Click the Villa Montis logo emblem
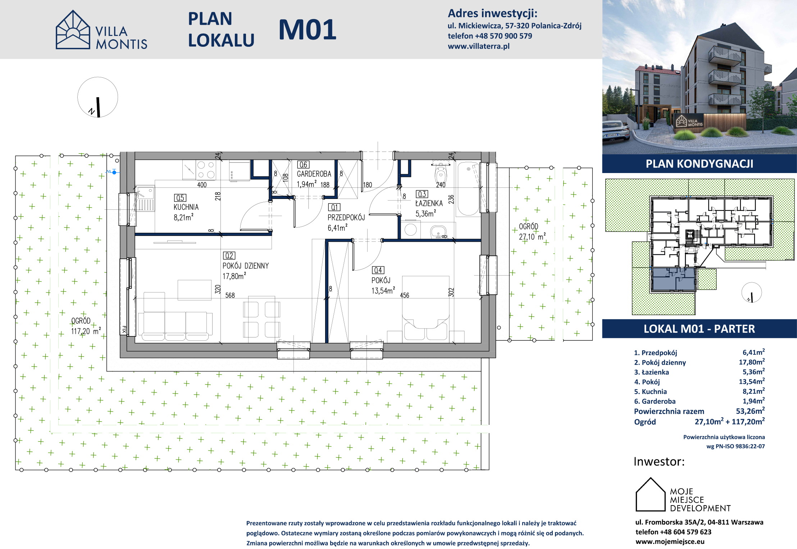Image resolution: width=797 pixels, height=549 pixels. tap(73, 30)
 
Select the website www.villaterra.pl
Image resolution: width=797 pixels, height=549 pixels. tap(479, 46)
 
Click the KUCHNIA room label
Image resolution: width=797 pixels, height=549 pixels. tap(186, 207)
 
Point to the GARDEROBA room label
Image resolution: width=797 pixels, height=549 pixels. tap(314, 174)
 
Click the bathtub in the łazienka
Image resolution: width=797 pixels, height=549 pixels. tap(468, 189)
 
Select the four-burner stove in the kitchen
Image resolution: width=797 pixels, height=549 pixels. tap(206, 170)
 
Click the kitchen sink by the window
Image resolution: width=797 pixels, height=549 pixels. tap(145, 199)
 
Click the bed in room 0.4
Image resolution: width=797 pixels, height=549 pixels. tap(426, 308)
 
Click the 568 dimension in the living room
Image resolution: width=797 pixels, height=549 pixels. tap(230, 295)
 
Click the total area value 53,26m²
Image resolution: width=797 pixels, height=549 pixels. tap(750, 411)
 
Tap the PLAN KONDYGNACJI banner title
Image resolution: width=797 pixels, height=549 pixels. tap(700, 164)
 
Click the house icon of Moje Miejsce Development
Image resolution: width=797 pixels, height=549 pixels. tap(650, 494)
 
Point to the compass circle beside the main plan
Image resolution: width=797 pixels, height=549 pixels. tap(98, 77)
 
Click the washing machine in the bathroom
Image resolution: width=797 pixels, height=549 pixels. tap(410, 230)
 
